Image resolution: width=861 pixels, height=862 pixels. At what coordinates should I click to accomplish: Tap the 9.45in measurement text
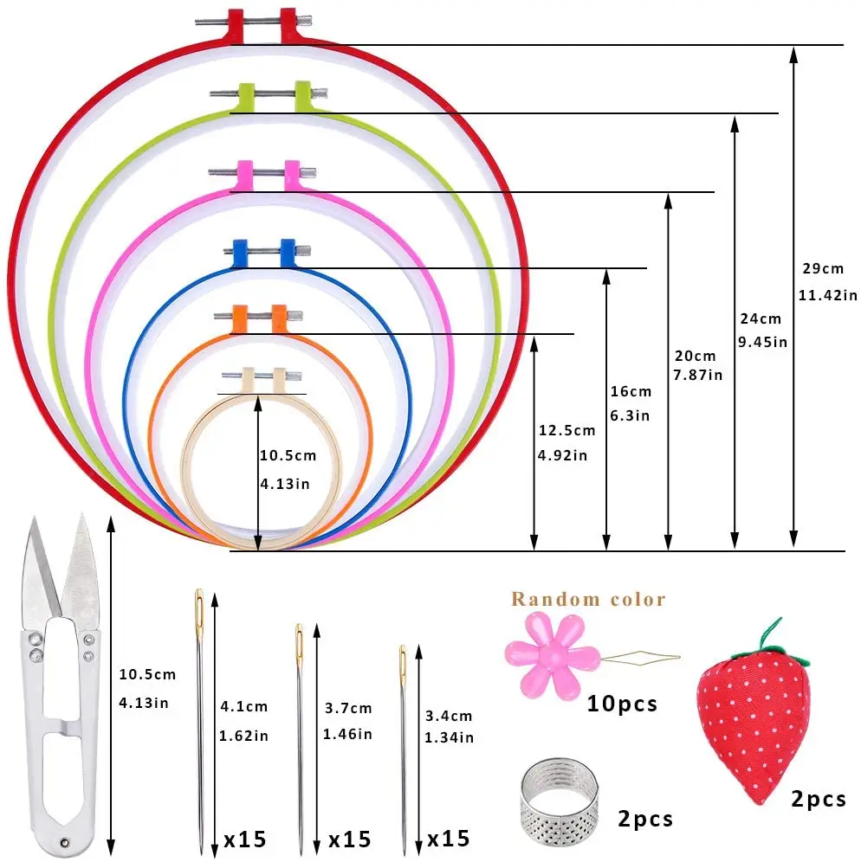click(x=762, y=341)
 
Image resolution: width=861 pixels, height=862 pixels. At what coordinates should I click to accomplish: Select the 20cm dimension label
click(x=695, y=356)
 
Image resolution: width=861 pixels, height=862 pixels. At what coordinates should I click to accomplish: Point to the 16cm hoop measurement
click(x=631, y=391)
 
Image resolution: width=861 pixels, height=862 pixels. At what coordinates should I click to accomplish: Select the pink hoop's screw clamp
click(x=265, y=170)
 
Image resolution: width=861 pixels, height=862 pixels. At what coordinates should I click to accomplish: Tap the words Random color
click(x=588, y=599)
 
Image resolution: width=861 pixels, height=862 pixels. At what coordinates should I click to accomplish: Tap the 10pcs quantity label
click(x=622, y=703)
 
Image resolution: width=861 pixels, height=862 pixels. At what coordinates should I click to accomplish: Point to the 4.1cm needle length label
click(x=245, y=707)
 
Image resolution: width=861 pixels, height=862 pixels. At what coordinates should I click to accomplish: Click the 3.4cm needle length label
click(x=449, y=716)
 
